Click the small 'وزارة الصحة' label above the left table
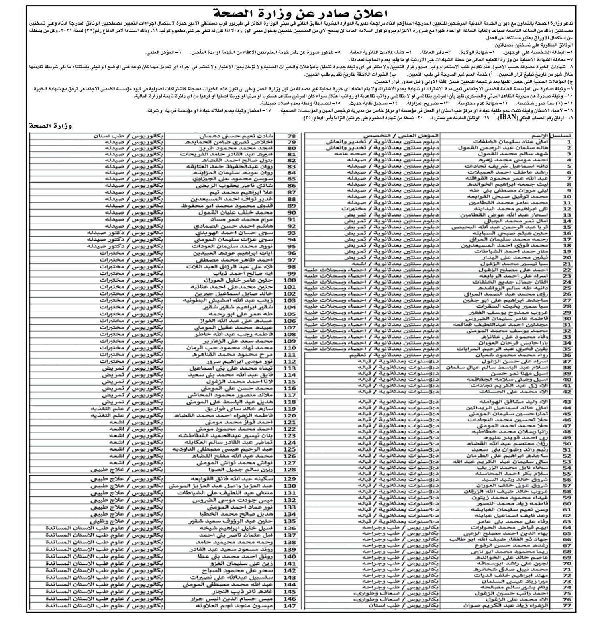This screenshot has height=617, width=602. (x=51, y=126)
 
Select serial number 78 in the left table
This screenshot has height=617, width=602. (x=292, y=136)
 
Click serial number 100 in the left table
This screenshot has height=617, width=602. (x=290, y=280)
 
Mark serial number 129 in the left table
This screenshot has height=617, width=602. (x=290, y=479)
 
